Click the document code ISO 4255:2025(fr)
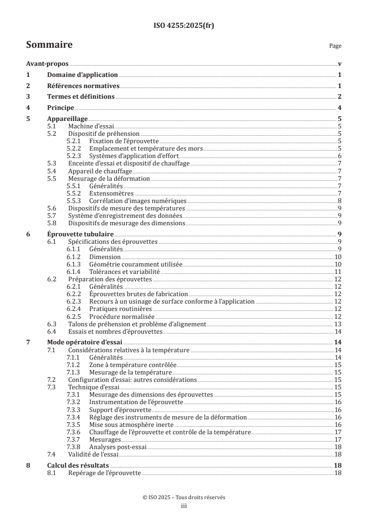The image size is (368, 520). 184,25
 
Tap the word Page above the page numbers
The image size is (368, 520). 335,46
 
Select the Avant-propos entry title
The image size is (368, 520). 47,64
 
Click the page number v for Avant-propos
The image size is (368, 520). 340,64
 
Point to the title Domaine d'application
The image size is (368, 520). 83,75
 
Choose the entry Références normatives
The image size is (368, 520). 84,86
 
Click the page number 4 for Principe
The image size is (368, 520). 340,108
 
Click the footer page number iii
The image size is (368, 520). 184,507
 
